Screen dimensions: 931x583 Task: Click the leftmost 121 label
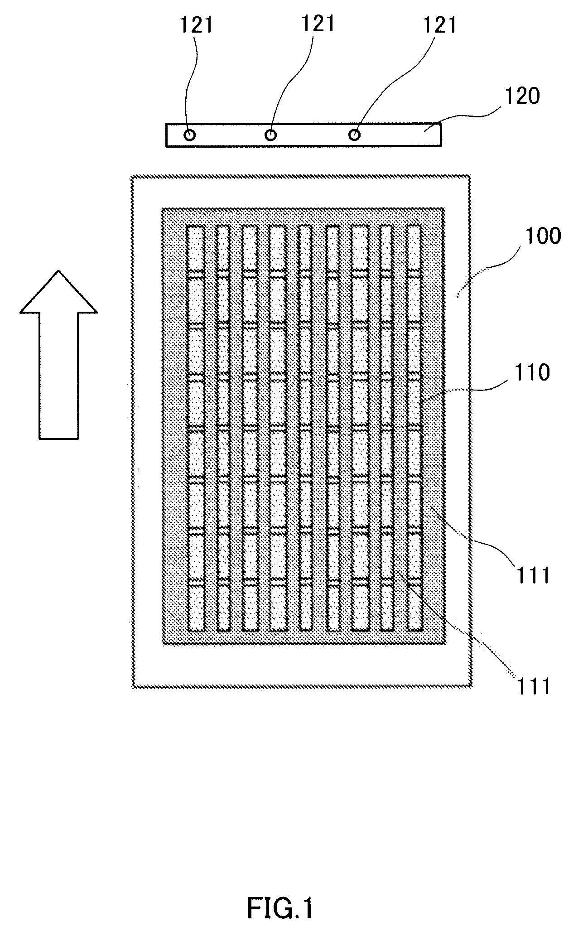pos(197,25)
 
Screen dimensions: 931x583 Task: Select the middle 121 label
pos(318,24)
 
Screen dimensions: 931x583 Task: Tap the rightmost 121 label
pos(439,25)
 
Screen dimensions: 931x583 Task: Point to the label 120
pos(523,96)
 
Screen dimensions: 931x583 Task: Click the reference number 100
pos(543,236)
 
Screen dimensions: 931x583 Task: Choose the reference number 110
pos(532,373)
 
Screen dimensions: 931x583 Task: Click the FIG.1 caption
pos(280,896)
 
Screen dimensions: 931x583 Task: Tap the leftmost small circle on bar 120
pos(190,135)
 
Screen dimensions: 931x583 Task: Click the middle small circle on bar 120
pos(271,135)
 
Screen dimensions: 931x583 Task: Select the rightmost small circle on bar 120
pos(355,135)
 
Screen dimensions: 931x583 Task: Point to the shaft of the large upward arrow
pos(58,376)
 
